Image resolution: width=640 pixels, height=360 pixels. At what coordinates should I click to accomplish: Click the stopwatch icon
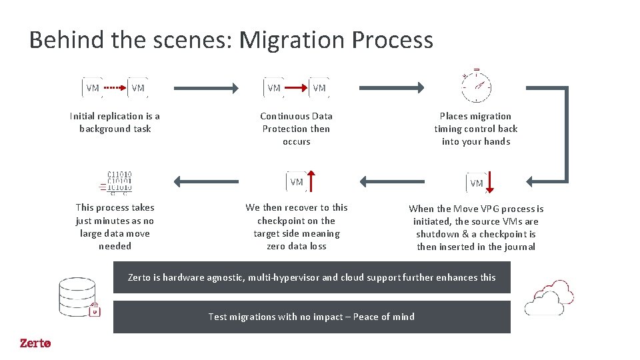coord(476,86)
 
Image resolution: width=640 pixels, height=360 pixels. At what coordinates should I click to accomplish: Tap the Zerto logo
coord(35,343)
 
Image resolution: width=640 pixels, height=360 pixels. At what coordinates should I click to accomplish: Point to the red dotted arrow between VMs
coord(115,87)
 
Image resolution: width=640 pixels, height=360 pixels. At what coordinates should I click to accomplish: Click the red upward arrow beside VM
coord(311,181)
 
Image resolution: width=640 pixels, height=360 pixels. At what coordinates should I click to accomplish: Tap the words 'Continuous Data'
coord(296,116)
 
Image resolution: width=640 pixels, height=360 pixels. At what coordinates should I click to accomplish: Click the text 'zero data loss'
coord(297,246)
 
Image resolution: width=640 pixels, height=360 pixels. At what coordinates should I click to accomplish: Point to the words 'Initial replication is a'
coord(115,116)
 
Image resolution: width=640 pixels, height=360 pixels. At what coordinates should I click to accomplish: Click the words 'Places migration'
coord(475,116)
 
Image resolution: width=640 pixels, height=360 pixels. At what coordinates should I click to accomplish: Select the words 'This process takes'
coord(115,207)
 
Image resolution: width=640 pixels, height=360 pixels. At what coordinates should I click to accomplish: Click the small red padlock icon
coord(94,309)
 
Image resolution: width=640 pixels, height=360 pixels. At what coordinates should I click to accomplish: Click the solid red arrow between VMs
coord(297,87)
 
